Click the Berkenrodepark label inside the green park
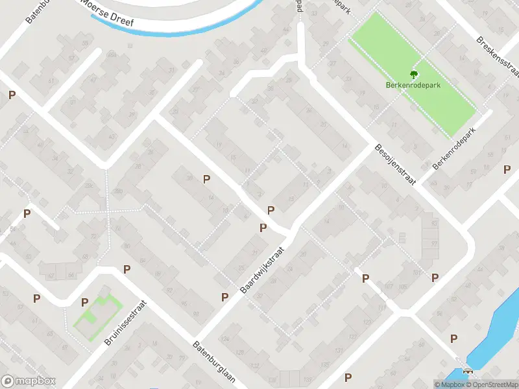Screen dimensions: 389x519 pos(414,84)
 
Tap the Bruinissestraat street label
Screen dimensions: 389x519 pos(126,322)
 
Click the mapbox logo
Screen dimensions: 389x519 pos(29,381)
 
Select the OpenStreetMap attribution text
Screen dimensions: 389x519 pos(493,384)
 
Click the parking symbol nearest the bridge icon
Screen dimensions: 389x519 pos(454,338)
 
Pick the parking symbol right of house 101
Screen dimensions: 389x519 pos(435,277)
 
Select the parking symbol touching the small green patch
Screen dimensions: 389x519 pos(84,301)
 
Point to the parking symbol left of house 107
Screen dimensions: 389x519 pos(365,278)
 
